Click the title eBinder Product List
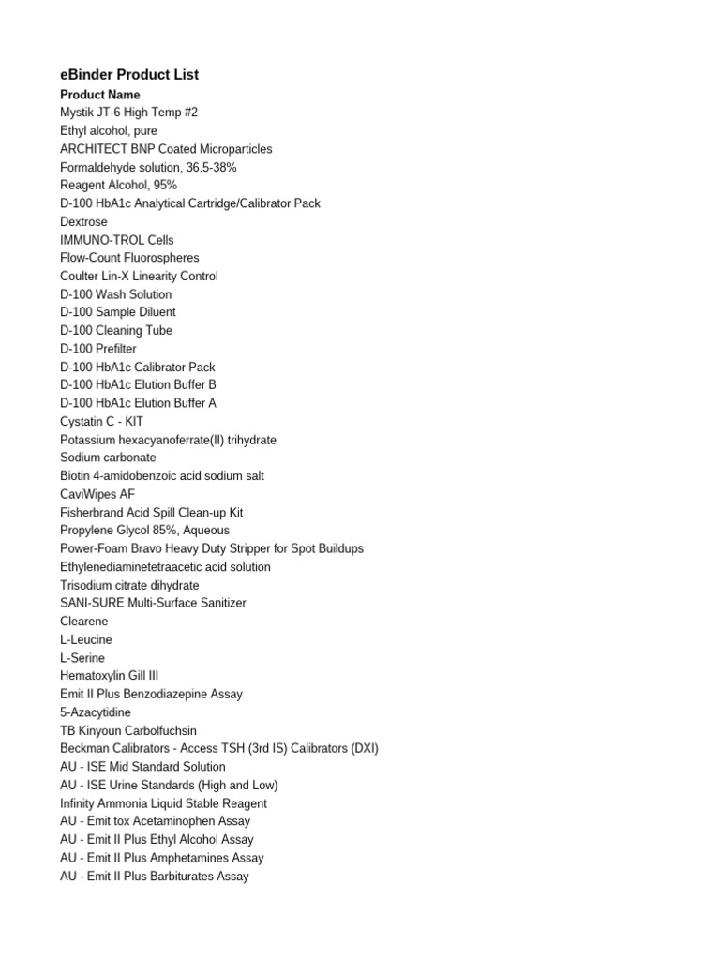[x=129, y=75]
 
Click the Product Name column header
[x=100, y=95]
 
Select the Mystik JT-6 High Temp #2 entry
[x=128, y=112]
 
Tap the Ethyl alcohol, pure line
[x=109, y=130]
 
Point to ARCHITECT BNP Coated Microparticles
[x=166, y=149]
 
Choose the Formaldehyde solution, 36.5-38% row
[x=148, y=167]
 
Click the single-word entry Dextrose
[x=83, y=222]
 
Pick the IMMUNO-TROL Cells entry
[x=117, y=240]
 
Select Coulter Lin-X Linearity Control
[x=139, y=277]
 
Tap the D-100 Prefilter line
[x=98, y=349]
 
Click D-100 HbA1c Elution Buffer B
[x=138, y=385]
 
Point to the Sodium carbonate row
[x=108, y=458]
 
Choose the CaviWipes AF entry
[x=97, y=494]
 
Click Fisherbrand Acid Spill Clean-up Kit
[x=151, y=513]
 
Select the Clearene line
[x=84, y=622]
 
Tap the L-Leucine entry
[x=85, y=639]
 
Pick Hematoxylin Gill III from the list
[x=115, y=676]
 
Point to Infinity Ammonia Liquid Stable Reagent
[x=163, y=803]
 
